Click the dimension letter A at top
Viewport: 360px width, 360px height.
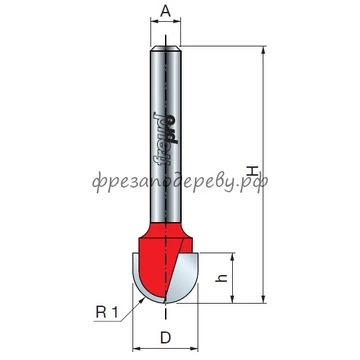pyautogui.click(x=165, y=11)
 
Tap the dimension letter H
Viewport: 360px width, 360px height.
pyautogui.click(x=253, y=171)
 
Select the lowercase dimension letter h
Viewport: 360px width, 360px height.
pyautogui.click(x=221, y=278)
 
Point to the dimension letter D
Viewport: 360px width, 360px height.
pyautogui.click(x=165, y=338)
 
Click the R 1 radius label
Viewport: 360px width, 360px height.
pyautogui.click(x=107, y=312)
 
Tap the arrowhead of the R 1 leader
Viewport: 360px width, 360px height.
pyautogui.click(x=142, y=300)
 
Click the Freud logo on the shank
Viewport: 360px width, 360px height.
pyautogui.click(x=165, y=138)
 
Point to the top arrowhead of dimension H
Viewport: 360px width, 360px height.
pyautogui.click(x=264, y=50)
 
